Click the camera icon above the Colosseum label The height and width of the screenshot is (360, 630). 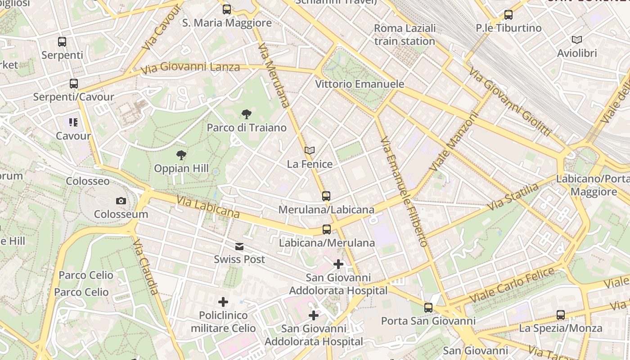121,201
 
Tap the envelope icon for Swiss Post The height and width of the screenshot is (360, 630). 239,247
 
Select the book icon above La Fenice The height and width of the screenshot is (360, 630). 309,150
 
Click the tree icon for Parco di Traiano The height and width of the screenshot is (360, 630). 246,114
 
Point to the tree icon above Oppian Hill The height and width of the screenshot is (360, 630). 181,155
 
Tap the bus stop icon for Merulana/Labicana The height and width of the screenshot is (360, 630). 326,196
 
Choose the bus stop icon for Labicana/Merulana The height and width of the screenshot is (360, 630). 327,229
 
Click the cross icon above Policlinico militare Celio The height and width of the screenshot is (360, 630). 223,302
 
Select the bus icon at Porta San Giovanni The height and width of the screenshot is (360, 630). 428,308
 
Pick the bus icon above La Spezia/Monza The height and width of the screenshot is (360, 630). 561,315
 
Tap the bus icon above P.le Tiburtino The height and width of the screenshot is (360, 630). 508,14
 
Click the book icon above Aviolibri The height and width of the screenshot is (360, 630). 576,40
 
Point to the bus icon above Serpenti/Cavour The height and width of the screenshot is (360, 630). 74,83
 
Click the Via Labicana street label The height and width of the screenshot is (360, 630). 207,207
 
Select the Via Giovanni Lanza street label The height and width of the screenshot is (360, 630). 190,68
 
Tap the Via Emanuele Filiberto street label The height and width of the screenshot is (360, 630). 404,191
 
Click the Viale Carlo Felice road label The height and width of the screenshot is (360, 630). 512,285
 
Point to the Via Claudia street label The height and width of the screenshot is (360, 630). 146,266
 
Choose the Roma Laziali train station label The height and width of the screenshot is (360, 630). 405,35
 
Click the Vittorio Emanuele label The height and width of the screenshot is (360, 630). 360,84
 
